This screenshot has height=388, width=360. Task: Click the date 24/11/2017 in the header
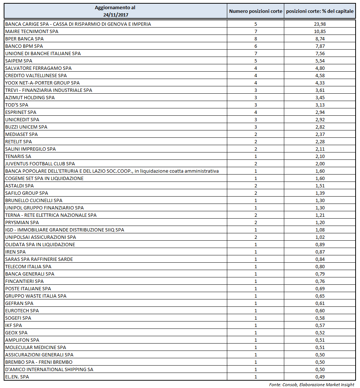(115, 15)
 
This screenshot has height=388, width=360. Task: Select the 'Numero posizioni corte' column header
(256, 11)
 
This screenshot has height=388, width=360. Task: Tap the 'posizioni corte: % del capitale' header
(320, 11)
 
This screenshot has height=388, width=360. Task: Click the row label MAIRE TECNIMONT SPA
(32, 32)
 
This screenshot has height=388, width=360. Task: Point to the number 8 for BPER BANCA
(256, 39)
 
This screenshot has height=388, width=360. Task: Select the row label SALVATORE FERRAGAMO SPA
(38, 68)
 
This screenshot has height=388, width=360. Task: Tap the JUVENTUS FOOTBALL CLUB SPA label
(40, 164)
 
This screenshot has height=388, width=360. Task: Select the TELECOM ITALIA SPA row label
(28, 267)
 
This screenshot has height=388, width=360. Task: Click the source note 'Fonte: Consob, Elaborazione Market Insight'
(311, 384)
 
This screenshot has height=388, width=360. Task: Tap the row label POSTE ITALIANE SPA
(28, 289)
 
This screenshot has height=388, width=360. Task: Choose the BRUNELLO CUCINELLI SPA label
(34, 201)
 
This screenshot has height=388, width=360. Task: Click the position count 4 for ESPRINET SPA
(256, 112)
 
